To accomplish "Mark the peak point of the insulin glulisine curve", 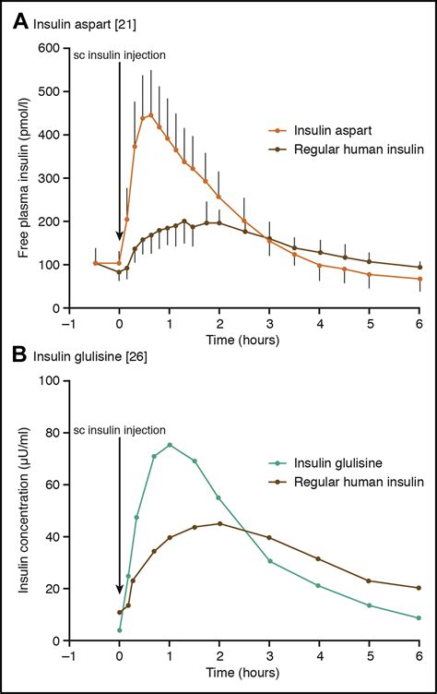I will (x=170, y=445).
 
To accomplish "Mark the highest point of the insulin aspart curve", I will (x=150, y=115).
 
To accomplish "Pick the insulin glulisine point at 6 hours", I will (x=419, y=618).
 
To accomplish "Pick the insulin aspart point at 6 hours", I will (x=419, y=279).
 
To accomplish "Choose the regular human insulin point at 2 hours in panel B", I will (x=219, y=523).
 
